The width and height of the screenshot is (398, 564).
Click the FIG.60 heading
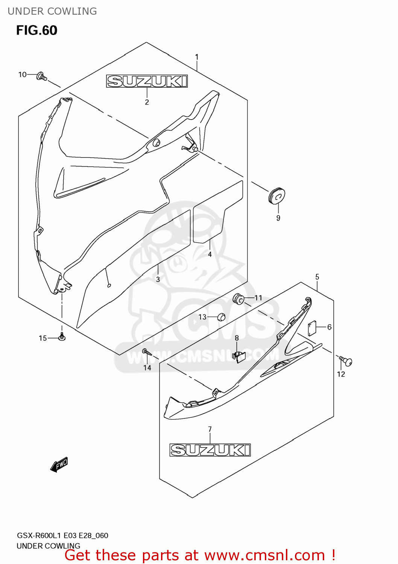tap(36, 30)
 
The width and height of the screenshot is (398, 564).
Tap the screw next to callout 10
tap(41, 77)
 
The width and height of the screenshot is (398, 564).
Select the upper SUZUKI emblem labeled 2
tap(147, 81)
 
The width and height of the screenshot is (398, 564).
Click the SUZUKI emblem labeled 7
tap(210, 450)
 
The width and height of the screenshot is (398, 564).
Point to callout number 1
tap(197, 57)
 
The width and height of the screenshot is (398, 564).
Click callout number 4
tap(210, 255)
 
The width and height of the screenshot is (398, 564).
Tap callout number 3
tap(158, 279)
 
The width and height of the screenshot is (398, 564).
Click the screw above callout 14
tap(146, 352)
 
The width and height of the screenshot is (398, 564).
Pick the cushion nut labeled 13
tap(221, 317)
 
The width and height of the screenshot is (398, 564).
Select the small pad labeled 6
tap(312, 328)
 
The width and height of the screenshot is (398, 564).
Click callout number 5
tap(317, 277)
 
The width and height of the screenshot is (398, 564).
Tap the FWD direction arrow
tap(59, 465)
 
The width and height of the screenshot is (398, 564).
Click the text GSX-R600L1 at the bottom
tap(39, 535)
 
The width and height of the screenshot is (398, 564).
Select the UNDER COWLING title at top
tap(52, 11)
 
